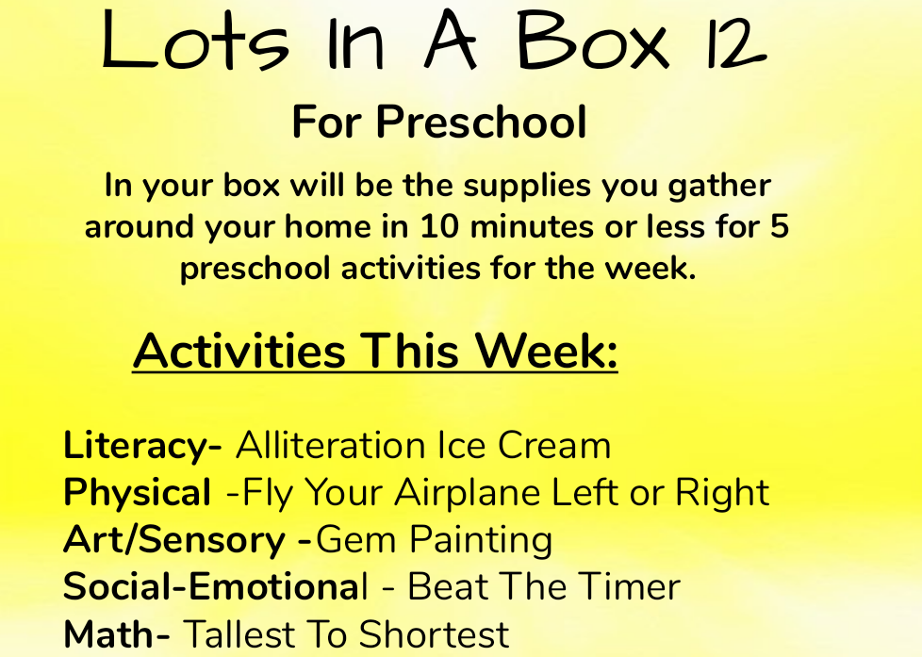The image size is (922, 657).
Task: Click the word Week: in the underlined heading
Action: tap(547, 351)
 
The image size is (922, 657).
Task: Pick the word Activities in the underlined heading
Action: tap(239, 351)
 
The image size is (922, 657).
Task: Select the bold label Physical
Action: tap(138, 492)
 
